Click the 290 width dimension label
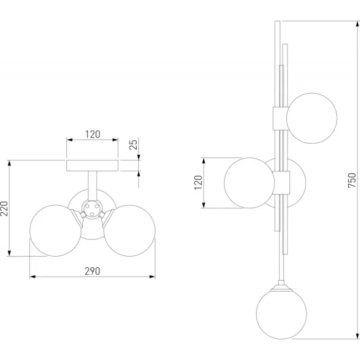(93, 271)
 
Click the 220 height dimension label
(4, 208)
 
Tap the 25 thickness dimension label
(133, 144)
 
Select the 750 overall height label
(351, 180)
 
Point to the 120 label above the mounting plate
(93, 134)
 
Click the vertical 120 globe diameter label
(198, 183)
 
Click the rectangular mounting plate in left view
(92, 166)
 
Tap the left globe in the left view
(55, 230)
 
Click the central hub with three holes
(92, 209)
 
